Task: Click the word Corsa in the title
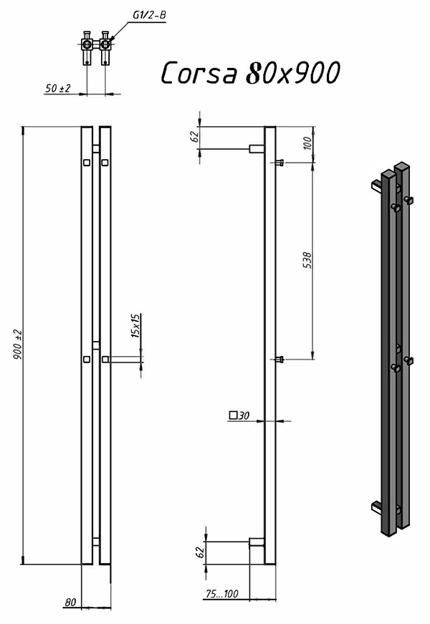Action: pos(199,73)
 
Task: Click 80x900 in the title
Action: pos(293,73)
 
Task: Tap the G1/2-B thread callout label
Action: pos(149,15)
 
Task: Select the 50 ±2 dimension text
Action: pos(58,88)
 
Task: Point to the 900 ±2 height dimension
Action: pos(18,345)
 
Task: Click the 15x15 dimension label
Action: pos(135,325)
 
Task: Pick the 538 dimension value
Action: pos(307,260)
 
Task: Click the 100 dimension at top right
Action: pos(307,143)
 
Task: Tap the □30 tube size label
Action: pos(239,416)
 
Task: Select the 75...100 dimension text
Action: pos(221,594)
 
